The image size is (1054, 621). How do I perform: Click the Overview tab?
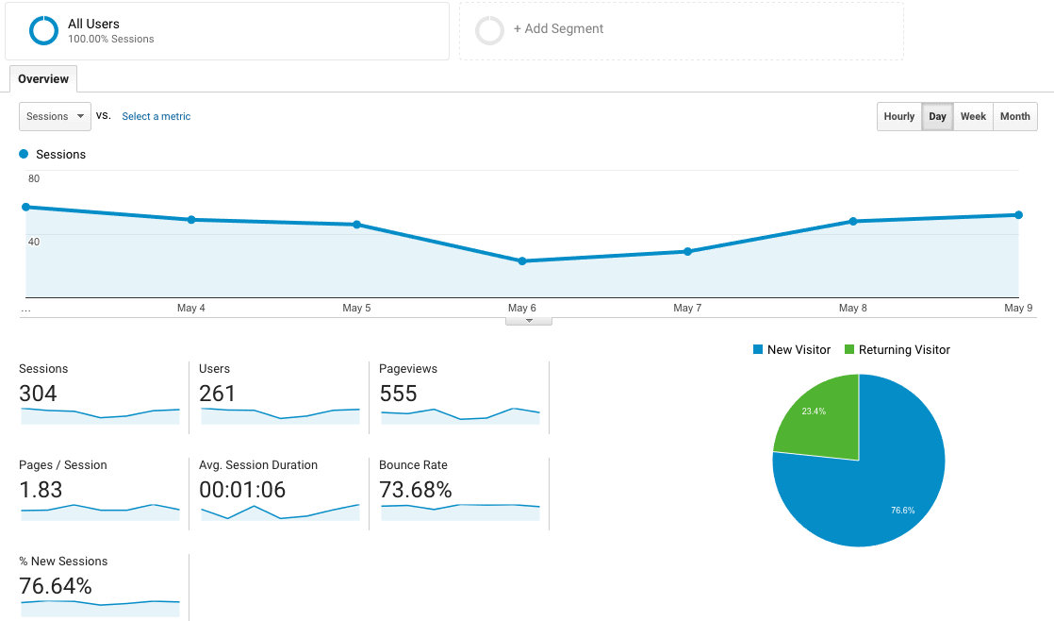[x=43, y=79]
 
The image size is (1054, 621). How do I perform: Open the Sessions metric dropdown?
[x=55, y=116]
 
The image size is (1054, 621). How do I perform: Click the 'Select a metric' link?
[x=156, y=117]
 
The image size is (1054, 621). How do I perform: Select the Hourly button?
[x=898, y=116]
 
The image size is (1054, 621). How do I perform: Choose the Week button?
[x=973, y=116]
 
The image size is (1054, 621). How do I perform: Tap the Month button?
[x=1014, y=116]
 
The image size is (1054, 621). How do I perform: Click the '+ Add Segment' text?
[x=558, y=29]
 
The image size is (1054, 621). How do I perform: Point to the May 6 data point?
[x=522, y=260]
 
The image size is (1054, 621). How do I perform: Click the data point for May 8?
[x=853, y=221]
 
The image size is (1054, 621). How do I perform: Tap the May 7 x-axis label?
[x=687, y=309]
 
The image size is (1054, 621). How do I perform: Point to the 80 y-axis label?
[x=34, y=178]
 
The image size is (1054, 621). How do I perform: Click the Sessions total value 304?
[x=39, y=394]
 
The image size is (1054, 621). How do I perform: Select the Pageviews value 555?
[x=399, y=394]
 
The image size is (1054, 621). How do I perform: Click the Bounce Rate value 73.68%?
[x=415, y=490]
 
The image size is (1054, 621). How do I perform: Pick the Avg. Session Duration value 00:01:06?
[x=242, y=490]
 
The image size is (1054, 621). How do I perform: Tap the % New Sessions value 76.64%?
[x=56, y=586]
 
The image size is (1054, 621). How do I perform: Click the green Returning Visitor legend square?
[x=848, y=350]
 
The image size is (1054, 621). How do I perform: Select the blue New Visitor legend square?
[x=757, y=350]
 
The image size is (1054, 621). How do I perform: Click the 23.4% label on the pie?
[x=814, y=411]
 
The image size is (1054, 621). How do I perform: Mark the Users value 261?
[x=218, y=394]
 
